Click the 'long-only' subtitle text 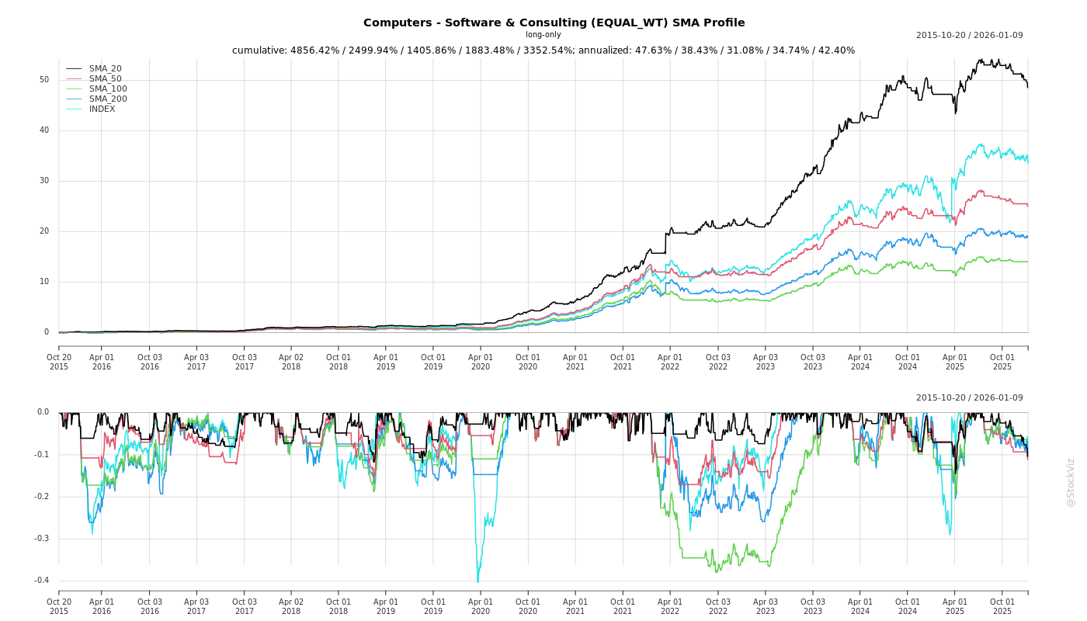(543, 35)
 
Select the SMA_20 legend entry (105, 68)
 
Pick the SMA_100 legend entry (108, 88)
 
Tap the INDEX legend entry (102, 109)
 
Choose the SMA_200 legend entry (108, 99)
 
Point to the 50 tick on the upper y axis (44, 79)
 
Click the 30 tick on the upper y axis (44, 180)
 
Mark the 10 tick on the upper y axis (44, 281)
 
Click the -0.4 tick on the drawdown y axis (42, 580)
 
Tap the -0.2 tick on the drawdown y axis (42, 496)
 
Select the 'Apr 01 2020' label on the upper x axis (481, 362)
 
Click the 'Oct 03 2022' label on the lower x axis (718, 606)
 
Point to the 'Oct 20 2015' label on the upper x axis (59, 362)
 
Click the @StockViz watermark (1071, 482)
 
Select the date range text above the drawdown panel (969, 397)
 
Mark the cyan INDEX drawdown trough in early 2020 (478, 581)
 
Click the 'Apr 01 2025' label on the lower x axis (955, 606)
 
